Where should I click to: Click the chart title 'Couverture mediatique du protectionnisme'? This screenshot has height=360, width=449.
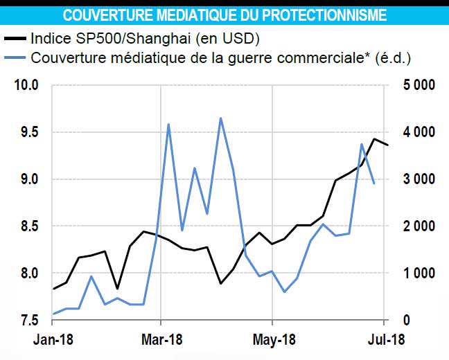point(224,15)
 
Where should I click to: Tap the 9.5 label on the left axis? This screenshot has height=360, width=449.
point(28,132)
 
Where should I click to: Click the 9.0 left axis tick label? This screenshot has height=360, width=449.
point(28,179)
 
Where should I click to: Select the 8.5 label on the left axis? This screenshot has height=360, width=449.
point(28,226)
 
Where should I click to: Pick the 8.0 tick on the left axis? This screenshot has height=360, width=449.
point(28,273)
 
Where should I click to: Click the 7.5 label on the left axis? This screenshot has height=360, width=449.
point(28,321)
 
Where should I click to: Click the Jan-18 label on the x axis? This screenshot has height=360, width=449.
point(54,341)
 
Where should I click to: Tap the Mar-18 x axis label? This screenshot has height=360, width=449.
point(161,341)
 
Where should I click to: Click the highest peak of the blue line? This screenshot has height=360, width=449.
point(220,118)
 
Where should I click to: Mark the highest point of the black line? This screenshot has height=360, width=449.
point(374,139)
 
